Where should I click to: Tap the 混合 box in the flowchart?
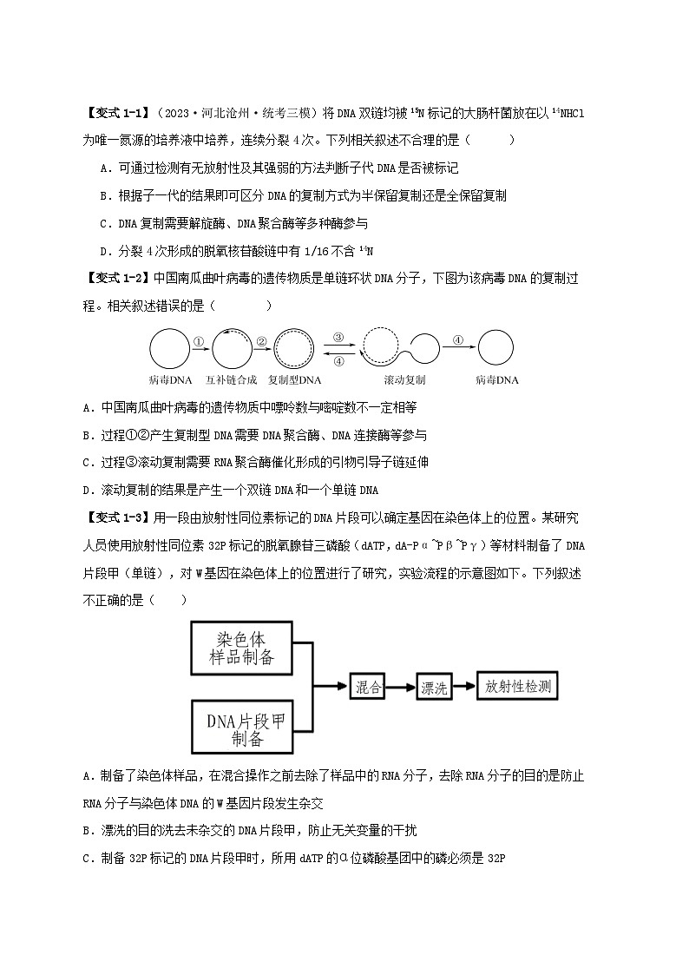369,687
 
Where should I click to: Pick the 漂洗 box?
434,688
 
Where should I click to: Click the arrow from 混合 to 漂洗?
401,688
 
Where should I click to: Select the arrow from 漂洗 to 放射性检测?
466,687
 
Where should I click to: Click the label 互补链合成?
231,380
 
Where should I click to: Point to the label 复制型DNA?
294,380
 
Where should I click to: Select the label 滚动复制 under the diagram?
404,380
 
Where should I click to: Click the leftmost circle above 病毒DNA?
169,351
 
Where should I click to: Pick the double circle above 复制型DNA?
294,351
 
